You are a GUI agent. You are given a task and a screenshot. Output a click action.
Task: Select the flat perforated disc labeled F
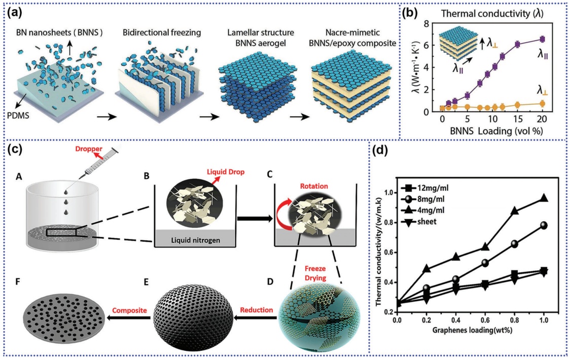64,316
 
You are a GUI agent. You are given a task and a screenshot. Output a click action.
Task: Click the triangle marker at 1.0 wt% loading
544,198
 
